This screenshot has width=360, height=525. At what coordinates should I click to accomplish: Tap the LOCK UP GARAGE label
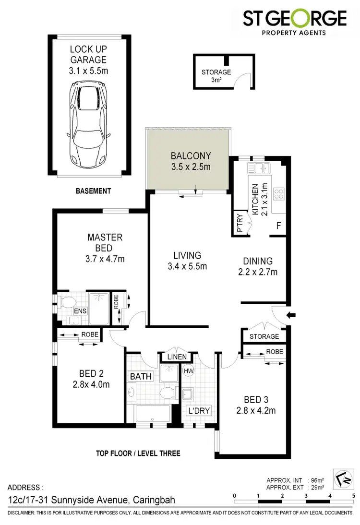click(x=88, y=54)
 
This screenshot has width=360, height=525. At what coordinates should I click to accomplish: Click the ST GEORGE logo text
click(x=295, y=19)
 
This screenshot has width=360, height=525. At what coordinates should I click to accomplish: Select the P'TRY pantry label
click(x=240, y=223)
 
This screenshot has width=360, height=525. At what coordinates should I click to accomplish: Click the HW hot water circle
click(x=187, y=370)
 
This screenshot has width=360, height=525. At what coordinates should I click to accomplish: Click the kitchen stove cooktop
click(x=279, y=194)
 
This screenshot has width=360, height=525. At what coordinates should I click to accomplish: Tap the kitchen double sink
click(x=258, y=168)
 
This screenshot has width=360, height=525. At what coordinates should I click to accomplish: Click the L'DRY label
click(x=199, y=411)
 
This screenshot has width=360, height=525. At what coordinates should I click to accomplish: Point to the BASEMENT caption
click(x=94, y=191)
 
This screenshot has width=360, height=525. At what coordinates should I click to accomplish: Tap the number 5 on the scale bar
click(x=353, y=495)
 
